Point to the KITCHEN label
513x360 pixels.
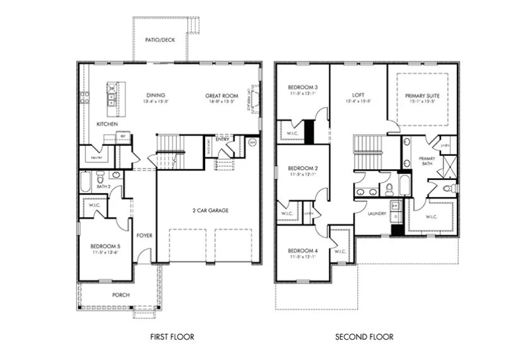(107, 124)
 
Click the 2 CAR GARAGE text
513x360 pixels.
(210, 210)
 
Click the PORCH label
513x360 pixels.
(121, 294)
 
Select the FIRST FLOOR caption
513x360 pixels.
(172, 337)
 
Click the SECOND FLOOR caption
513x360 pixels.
(363, 337)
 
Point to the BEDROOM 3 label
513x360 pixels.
(303, 87)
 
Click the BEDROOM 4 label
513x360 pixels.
(303, 251)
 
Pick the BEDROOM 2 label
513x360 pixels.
(303, 168)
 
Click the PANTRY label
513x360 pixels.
(96, 157)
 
